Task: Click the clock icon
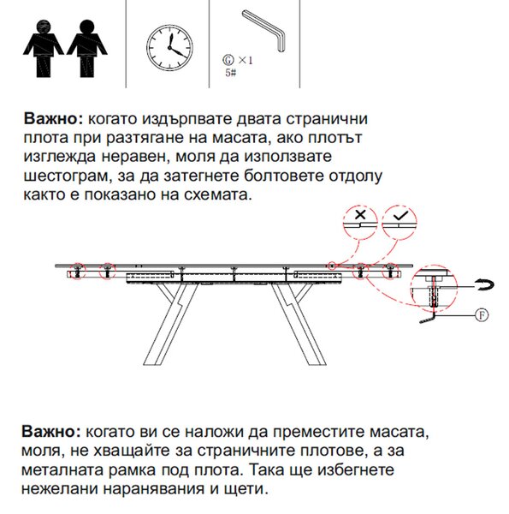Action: click(169, 47)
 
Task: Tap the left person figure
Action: click(44, 48)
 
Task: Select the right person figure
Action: click(87, 48)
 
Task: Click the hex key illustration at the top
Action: click(264, 30)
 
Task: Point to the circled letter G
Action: click(228, 60)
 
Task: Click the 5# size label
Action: click(230, 73)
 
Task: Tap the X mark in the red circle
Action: click(360, 215)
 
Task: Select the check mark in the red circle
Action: click(400, 215)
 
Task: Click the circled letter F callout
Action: click(482, 315)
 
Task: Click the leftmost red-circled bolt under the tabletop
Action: click(77, 272)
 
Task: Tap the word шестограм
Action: click(66, 176)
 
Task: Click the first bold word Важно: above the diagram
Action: click(54, 119)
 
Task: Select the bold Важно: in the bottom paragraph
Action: click(51, 432)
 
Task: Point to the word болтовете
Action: click(284, 176)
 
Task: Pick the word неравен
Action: click(135, 157)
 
